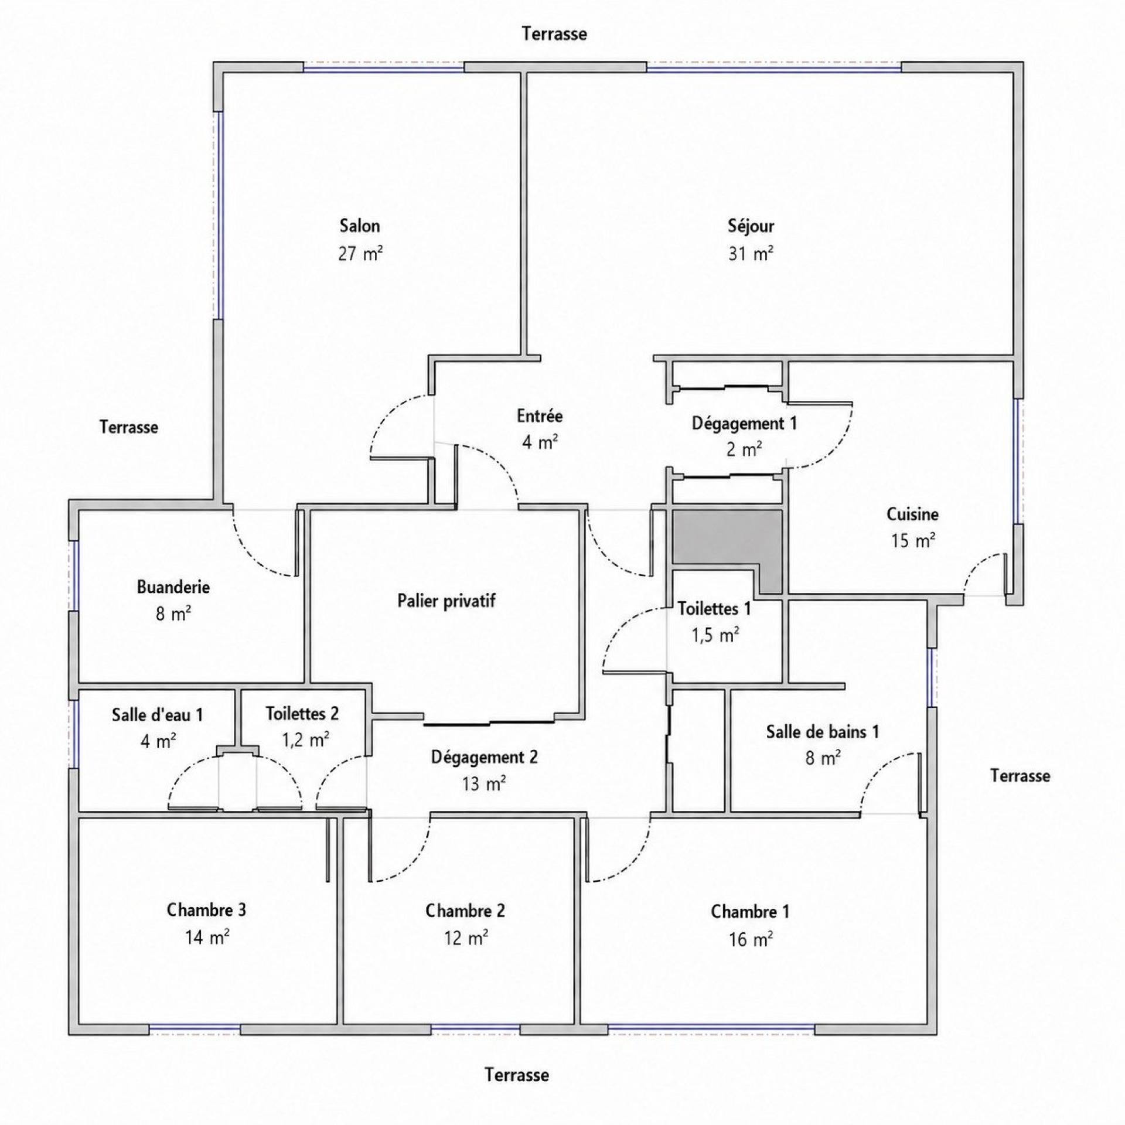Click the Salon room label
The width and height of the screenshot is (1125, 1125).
click(x=360, y=226)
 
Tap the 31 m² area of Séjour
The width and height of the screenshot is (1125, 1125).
click(x=751, y=254)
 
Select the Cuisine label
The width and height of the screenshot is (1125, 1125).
click(x=912, y=514)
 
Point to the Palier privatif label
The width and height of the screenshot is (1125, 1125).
click(x=446, y=601)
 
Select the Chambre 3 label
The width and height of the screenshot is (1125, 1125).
click(x=206, y=910)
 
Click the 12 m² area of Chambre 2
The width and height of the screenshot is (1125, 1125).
click(x=466, y=938)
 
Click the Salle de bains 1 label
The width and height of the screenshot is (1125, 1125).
click(x=823, y=731)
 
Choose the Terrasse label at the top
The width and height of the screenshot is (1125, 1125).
click(x=554, y=34)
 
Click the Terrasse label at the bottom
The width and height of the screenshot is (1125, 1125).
click(x=517, y=1075)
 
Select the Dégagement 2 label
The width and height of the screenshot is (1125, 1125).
click(x=485, y=758)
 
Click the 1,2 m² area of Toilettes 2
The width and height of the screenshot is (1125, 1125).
click(x=305, y=740)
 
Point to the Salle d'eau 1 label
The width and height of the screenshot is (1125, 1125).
click(x=158, y=715)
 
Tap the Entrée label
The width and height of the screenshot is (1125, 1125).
click(x=540, y=416)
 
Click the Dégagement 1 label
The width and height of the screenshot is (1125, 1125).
click(x=744, y=423)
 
